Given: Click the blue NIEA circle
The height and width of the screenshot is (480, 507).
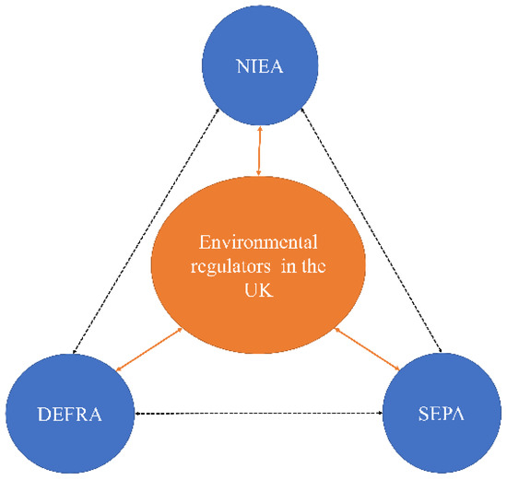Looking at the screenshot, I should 260,64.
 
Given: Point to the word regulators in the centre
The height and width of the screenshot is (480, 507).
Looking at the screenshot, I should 231,267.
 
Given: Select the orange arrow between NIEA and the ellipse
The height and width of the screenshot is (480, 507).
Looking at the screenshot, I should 260,151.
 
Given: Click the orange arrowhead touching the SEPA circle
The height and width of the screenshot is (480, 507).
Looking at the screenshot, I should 396,368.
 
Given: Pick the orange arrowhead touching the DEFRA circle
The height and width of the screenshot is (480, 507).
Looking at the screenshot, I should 120,369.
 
